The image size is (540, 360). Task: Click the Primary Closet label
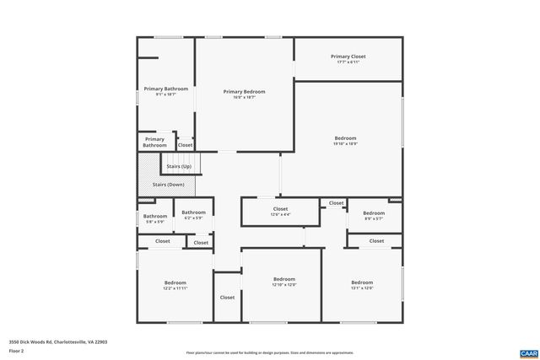click(348, 56)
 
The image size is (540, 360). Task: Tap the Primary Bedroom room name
click(244, 91)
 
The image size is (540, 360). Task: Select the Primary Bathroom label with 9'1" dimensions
click(165, 89)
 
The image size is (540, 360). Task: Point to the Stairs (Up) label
click(179, 166)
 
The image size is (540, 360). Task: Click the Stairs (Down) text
click(168, 184)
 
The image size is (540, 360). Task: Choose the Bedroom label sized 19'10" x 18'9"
click(345, 138)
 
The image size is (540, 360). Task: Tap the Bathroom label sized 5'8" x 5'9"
click(154, 216)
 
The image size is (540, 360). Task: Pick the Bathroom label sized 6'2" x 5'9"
click(193, 212)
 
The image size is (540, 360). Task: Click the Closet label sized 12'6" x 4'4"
click(280, 208)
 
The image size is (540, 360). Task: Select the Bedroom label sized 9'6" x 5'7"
click(373, 213)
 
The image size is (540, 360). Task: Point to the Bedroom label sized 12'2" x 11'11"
click(175, 282)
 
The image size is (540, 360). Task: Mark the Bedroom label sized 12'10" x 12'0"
click(283, 279)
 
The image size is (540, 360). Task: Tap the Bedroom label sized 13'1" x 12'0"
click(361, 282)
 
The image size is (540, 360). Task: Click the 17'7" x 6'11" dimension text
click(348, 62)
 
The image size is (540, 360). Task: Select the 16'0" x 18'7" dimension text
click(244, 98)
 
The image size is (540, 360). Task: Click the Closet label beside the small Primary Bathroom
click(185, 145)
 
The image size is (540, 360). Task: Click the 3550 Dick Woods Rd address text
click(58, 341)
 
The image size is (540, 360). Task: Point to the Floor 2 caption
click(17, 351)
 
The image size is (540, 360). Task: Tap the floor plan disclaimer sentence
click(269, 352)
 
